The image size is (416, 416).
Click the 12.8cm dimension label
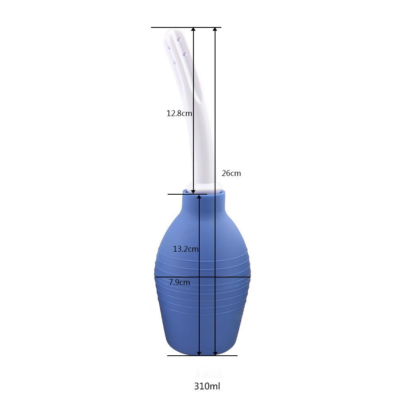179,114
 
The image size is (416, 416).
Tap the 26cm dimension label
231,173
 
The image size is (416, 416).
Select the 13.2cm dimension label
186,249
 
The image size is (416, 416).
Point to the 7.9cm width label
179,282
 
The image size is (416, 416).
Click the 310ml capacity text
207,386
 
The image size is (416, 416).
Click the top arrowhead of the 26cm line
215,29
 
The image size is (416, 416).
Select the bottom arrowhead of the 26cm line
215,353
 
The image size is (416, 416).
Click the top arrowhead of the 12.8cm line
193,29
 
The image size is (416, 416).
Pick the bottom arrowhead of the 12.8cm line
193,191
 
